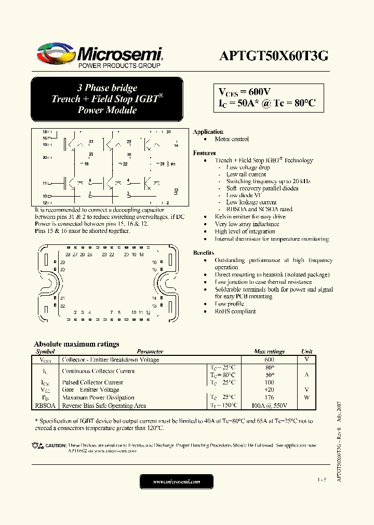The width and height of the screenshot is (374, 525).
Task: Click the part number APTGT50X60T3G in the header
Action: coord(274,57)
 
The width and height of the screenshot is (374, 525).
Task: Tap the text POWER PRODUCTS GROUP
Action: coord(119,66)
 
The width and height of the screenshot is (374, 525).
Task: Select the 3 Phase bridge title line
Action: coord(107,88)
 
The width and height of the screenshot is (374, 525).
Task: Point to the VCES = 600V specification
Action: coord(244,92)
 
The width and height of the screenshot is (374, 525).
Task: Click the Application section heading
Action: coord(208,132)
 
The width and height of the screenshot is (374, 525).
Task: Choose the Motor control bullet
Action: coord(232,139)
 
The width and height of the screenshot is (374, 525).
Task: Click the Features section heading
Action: coord(204,153)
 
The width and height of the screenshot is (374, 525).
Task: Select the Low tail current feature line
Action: coord(246,174)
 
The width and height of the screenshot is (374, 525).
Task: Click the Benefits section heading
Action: coord(204,253)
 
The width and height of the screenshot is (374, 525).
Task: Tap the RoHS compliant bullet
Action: coord(235,311)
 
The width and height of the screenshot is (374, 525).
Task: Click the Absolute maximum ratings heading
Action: coord(76,344)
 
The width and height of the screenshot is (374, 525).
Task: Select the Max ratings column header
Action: coord(269,351)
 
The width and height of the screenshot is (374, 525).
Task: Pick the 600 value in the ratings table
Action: coord(269,360)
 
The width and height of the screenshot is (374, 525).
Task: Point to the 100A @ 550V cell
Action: coord(269,406)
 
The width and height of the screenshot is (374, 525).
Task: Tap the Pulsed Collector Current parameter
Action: coord(92,382)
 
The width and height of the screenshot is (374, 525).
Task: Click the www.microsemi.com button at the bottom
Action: coord(176,482)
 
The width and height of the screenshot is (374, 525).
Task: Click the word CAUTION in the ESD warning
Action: coord(56,446)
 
